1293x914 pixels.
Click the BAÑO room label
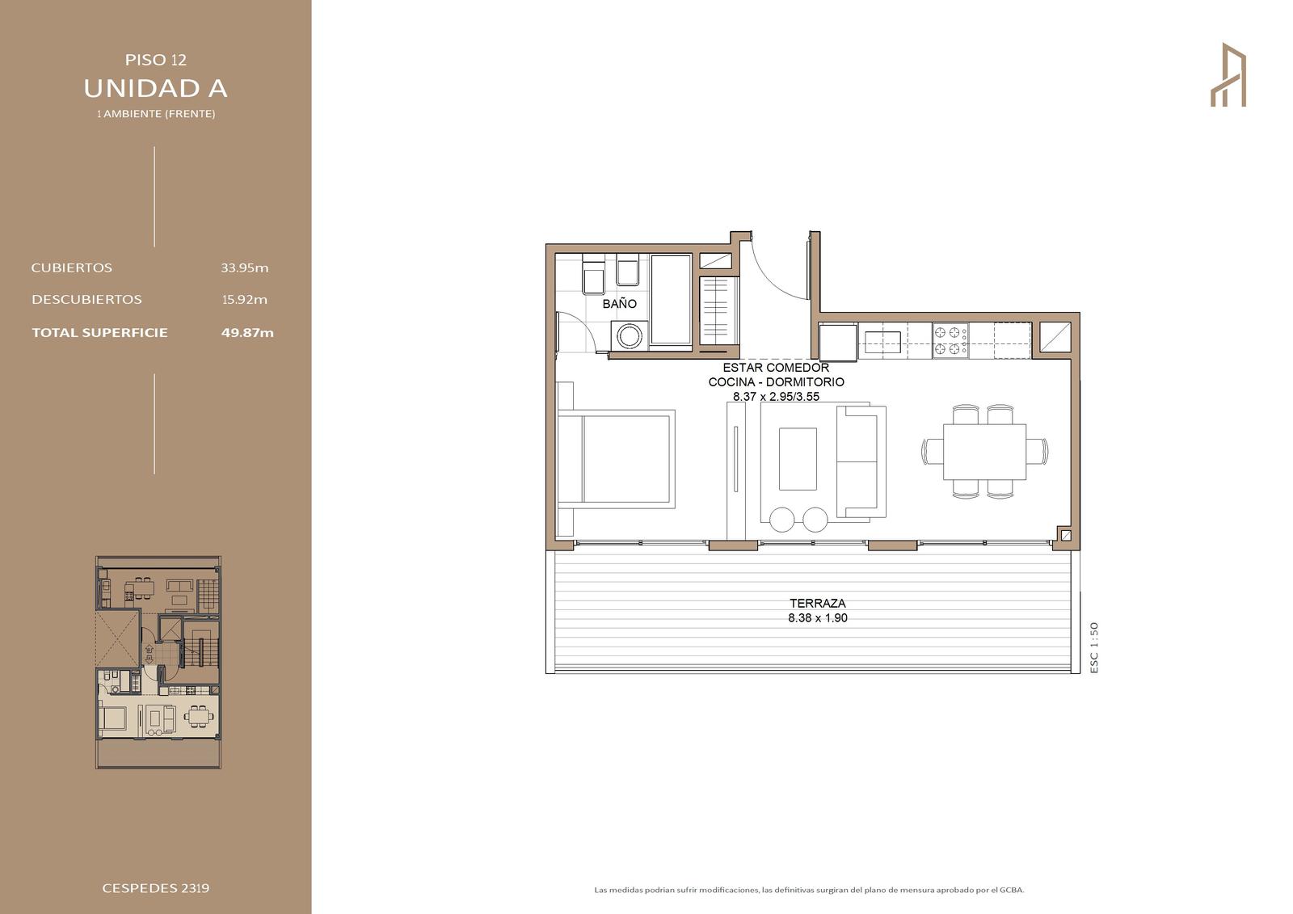point(619,304)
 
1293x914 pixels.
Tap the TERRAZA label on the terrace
point(817,604)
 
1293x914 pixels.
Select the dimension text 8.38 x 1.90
point(817,617)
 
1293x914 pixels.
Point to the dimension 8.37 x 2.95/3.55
point(776,397)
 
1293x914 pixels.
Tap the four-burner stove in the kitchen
point(950,341)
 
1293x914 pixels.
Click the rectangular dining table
point(985,452)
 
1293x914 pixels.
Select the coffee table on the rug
point(798,459)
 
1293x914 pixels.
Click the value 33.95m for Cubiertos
point(245,268)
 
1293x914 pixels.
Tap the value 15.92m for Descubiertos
point(245,300)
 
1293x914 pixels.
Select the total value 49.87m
point(247,333)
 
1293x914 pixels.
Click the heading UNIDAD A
point(155,88)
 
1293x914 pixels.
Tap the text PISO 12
point(156,60)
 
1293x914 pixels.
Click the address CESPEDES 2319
point(156,888)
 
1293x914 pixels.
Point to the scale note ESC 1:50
point(1094,647)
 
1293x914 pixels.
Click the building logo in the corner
point(1228,74)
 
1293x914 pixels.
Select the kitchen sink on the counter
point(882,342)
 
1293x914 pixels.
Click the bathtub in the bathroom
point(672,301)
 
